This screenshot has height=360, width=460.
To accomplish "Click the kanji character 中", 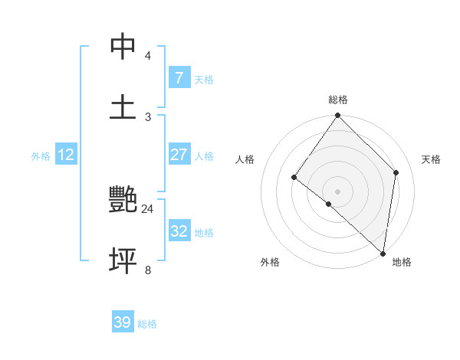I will click(123, 47).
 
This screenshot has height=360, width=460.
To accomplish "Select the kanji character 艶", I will click(123, 201).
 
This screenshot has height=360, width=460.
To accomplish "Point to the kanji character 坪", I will click(123, 260).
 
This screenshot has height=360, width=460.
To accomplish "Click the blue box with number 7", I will click(179, 78).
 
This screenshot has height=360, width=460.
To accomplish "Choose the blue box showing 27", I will click(179, 155).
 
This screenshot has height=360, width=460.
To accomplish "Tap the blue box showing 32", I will click(179, 231).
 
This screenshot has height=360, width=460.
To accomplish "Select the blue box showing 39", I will click(123, 322).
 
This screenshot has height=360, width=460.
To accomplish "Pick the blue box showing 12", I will click(66, 155).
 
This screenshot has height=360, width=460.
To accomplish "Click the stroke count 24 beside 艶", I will click(147, 208).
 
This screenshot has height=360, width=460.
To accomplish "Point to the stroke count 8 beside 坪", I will click(148, 270).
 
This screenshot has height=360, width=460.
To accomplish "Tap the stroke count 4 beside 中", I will click(148, 56).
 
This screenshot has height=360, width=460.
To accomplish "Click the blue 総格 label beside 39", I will click(147, 324).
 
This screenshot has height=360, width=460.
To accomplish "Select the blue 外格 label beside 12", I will click(41, 156).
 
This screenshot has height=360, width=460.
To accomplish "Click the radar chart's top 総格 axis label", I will click(338, 100).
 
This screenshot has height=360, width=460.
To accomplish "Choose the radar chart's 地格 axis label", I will click(402, 262).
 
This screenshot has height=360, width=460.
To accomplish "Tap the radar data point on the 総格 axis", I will click(338, 116).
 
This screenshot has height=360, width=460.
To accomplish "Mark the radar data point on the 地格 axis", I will click(383, 253).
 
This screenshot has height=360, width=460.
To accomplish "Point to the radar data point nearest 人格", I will click(294, 177).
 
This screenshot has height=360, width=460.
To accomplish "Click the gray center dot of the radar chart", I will click(338, 191).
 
